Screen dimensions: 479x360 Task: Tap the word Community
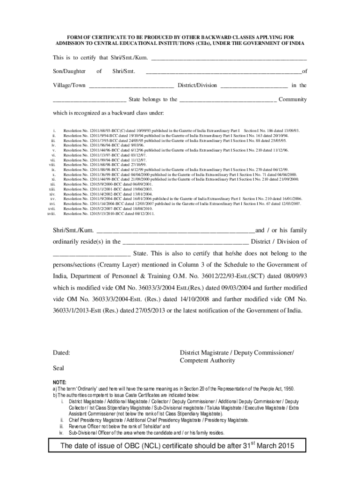[x=293, y=99]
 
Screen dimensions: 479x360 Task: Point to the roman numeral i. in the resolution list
[x=55, y=130]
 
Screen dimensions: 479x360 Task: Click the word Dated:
[x=61, y=353]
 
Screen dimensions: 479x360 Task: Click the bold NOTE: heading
[x=59, y=382]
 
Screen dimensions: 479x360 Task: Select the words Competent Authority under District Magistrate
[x=208, y=361]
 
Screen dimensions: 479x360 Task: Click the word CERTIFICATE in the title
[x=106, y=36]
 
